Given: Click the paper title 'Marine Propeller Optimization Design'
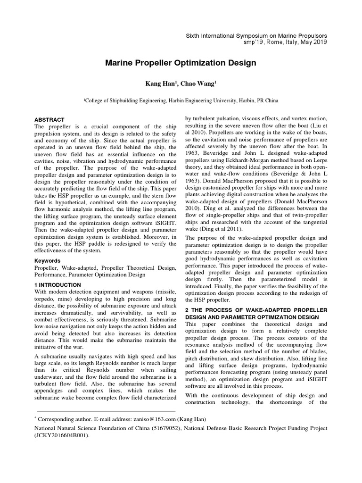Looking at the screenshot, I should (181, 63).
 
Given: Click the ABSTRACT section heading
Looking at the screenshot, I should (49, 120).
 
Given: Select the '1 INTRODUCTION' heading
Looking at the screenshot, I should (58, 285).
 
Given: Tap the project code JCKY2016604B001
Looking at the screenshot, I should (62, 436).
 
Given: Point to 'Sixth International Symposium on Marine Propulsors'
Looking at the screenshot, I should (256, 35).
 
